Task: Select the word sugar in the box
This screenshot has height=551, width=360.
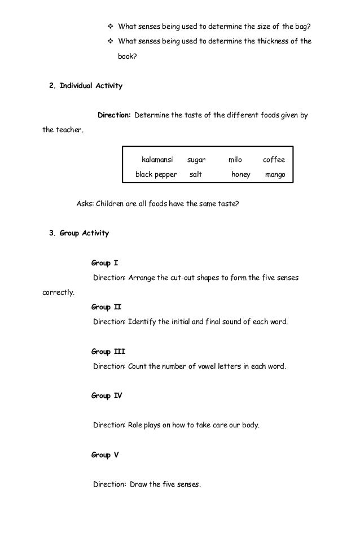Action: pos(196,160)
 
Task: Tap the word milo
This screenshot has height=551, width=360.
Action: pos(235,160)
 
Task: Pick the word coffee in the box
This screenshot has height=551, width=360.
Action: pos(274,160)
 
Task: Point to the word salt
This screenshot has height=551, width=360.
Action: pos(196,175)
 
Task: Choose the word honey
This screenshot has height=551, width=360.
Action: pos(240,175)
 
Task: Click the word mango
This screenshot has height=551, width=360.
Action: pos(275,175)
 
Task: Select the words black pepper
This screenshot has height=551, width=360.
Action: pos(156,175)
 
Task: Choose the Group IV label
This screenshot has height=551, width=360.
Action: pos(106,396)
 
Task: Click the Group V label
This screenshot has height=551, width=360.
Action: pos(105,454)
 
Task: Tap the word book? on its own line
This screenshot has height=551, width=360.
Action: pos(127,56)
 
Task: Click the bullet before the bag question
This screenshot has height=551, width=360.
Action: pos(110,27)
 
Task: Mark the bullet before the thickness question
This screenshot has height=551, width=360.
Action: pos(110,41)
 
